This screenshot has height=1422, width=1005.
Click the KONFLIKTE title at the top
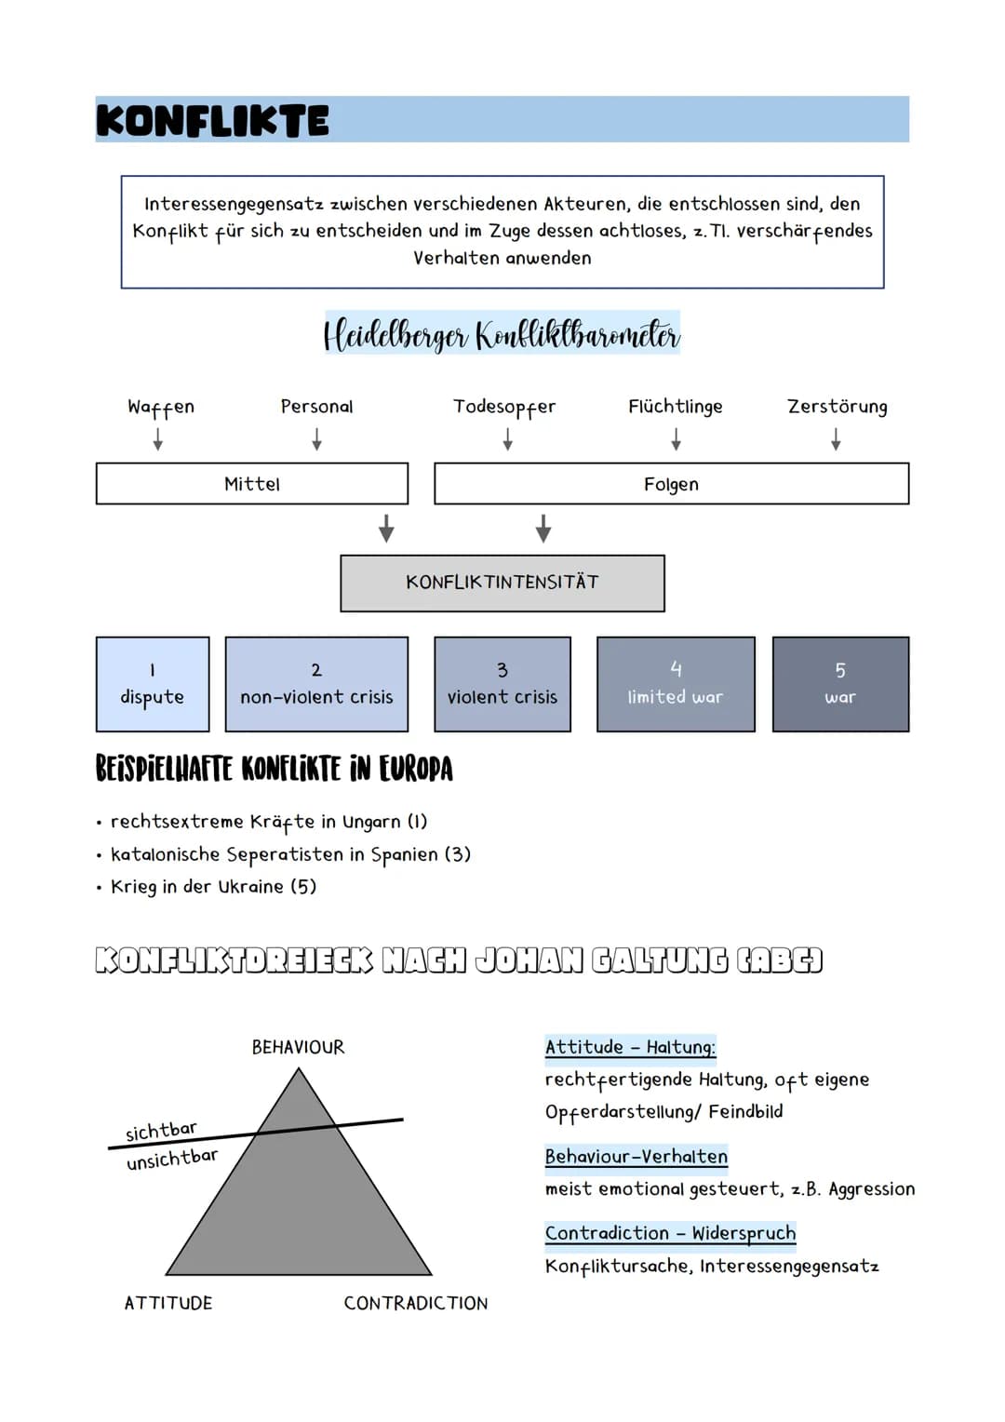pyautogui.click(x=212, y=121)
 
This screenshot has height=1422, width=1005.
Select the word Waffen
pyautogui.click(x=161, y=407)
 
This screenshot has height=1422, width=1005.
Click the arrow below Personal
pyautogui.click(x=317, y=438)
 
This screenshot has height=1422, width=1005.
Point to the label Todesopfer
pyautogui.click(x=504, y=407)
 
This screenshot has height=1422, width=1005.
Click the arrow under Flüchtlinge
pyautogui.click(x=676, y=438)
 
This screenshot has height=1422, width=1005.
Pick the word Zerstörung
pyautogui.click(x=837, y=407)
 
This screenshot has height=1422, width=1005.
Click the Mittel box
pyautogui.click(x=252, y=484)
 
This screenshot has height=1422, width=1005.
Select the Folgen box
pyautogui.click(x=671, y=484)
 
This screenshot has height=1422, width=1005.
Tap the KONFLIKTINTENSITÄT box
pyautogui.click(x=502, y=583)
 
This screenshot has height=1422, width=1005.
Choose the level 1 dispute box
pyautogui.click(x=153, y=684)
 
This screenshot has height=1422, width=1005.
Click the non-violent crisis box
pyautogui.click(x=316, y=684)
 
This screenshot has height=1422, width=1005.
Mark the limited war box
pyautogui.click(x=676, y=684)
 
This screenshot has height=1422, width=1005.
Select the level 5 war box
pyautogui.click(x=840, y=684)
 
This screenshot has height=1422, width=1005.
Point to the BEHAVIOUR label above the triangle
pyautogui.click(x=298, y=1048)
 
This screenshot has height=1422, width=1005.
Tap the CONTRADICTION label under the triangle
pyautogui.click(x=416, y=1304)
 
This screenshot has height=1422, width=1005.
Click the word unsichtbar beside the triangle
pyautogui.click(x=172, y=1160)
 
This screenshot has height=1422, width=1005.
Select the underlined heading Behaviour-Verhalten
pyautogui.click(x=636, y=1157)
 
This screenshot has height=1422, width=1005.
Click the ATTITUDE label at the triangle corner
pyautogui.click(x=168, y=1304)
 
